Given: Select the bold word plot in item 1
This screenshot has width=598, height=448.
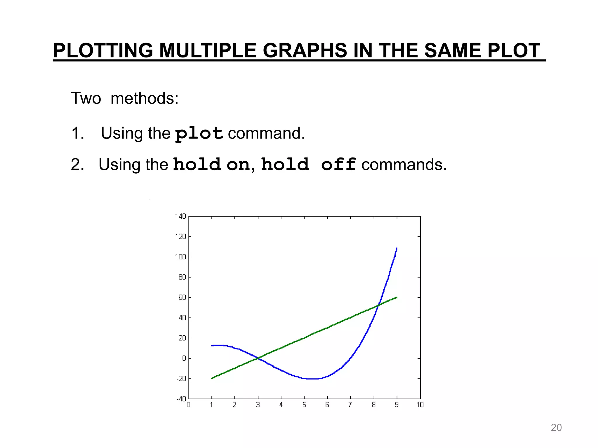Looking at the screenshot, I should coord(199,134).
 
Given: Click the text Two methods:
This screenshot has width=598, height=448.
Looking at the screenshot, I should coord(125,98).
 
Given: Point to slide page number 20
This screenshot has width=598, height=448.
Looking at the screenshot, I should coord(556,428).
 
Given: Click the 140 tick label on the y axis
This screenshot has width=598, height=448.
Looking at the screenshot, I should coord(180,216).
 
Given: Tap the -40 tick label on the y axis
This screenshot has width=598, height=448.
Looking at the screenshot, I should coord(181,399).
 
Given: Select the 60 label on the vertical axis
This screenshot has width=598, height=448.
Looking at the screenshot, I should coord(182,297).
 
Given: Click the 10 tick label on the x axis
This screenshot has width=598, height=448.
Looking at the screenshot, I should coord(420,405).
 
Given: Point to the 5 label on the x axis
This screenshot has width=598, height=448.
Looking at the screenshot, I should coord(304,405).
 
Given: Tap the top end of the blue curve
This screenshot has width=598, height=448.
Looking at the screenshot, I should coord(397,248).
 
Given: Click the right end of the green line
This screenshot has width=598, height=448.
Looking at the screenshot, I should coord(397,297).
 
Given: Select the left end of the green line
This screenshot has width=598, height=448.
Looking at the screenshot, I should coord(212,379).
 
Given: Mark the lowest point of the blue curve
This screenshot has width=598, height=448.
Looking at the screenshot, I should coord(312,379).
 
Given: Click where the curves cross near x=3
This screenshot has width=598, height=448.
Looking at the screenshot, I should coord(258,358).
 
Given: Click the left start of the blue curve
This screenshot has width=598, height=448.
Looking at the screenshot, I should coord(212,346).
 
